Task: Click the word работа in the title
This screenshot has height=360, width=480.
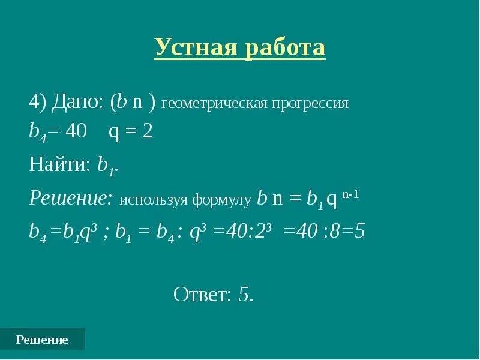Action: (285, 47)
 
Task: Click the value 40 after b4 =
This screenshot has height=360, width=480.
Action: (76, 131)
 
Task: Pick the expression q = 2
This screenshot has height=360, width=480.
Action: (130, 131)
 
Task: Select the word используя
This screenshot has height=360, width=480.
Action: (155, 200)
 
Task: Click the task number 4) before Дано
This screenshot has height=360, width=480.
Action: (38, 102)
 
